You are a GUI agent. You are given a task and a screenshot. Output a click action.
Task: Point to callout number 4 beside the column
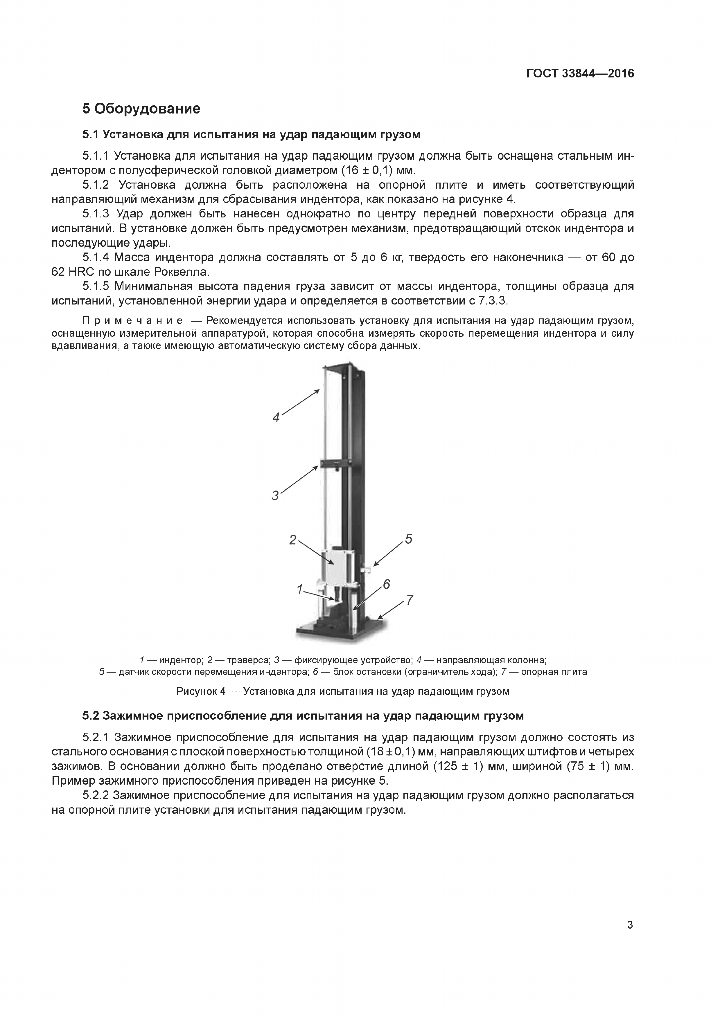click(276, 417)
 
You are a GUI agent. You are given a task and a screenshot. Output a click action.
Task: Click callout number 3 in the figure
click(275, 495)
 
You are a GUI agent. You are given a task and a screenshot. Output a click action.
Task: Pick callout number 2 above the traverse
click(293, 540)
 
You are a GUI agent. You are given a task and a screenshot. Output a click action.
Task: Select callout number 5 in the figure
click(409, 539)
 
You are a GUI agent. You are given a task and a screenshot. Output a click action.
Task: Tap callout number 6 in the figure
click(386, 584)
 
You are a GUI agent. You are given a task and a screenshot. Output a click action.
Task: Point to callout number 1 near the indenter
click(300, 589)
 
